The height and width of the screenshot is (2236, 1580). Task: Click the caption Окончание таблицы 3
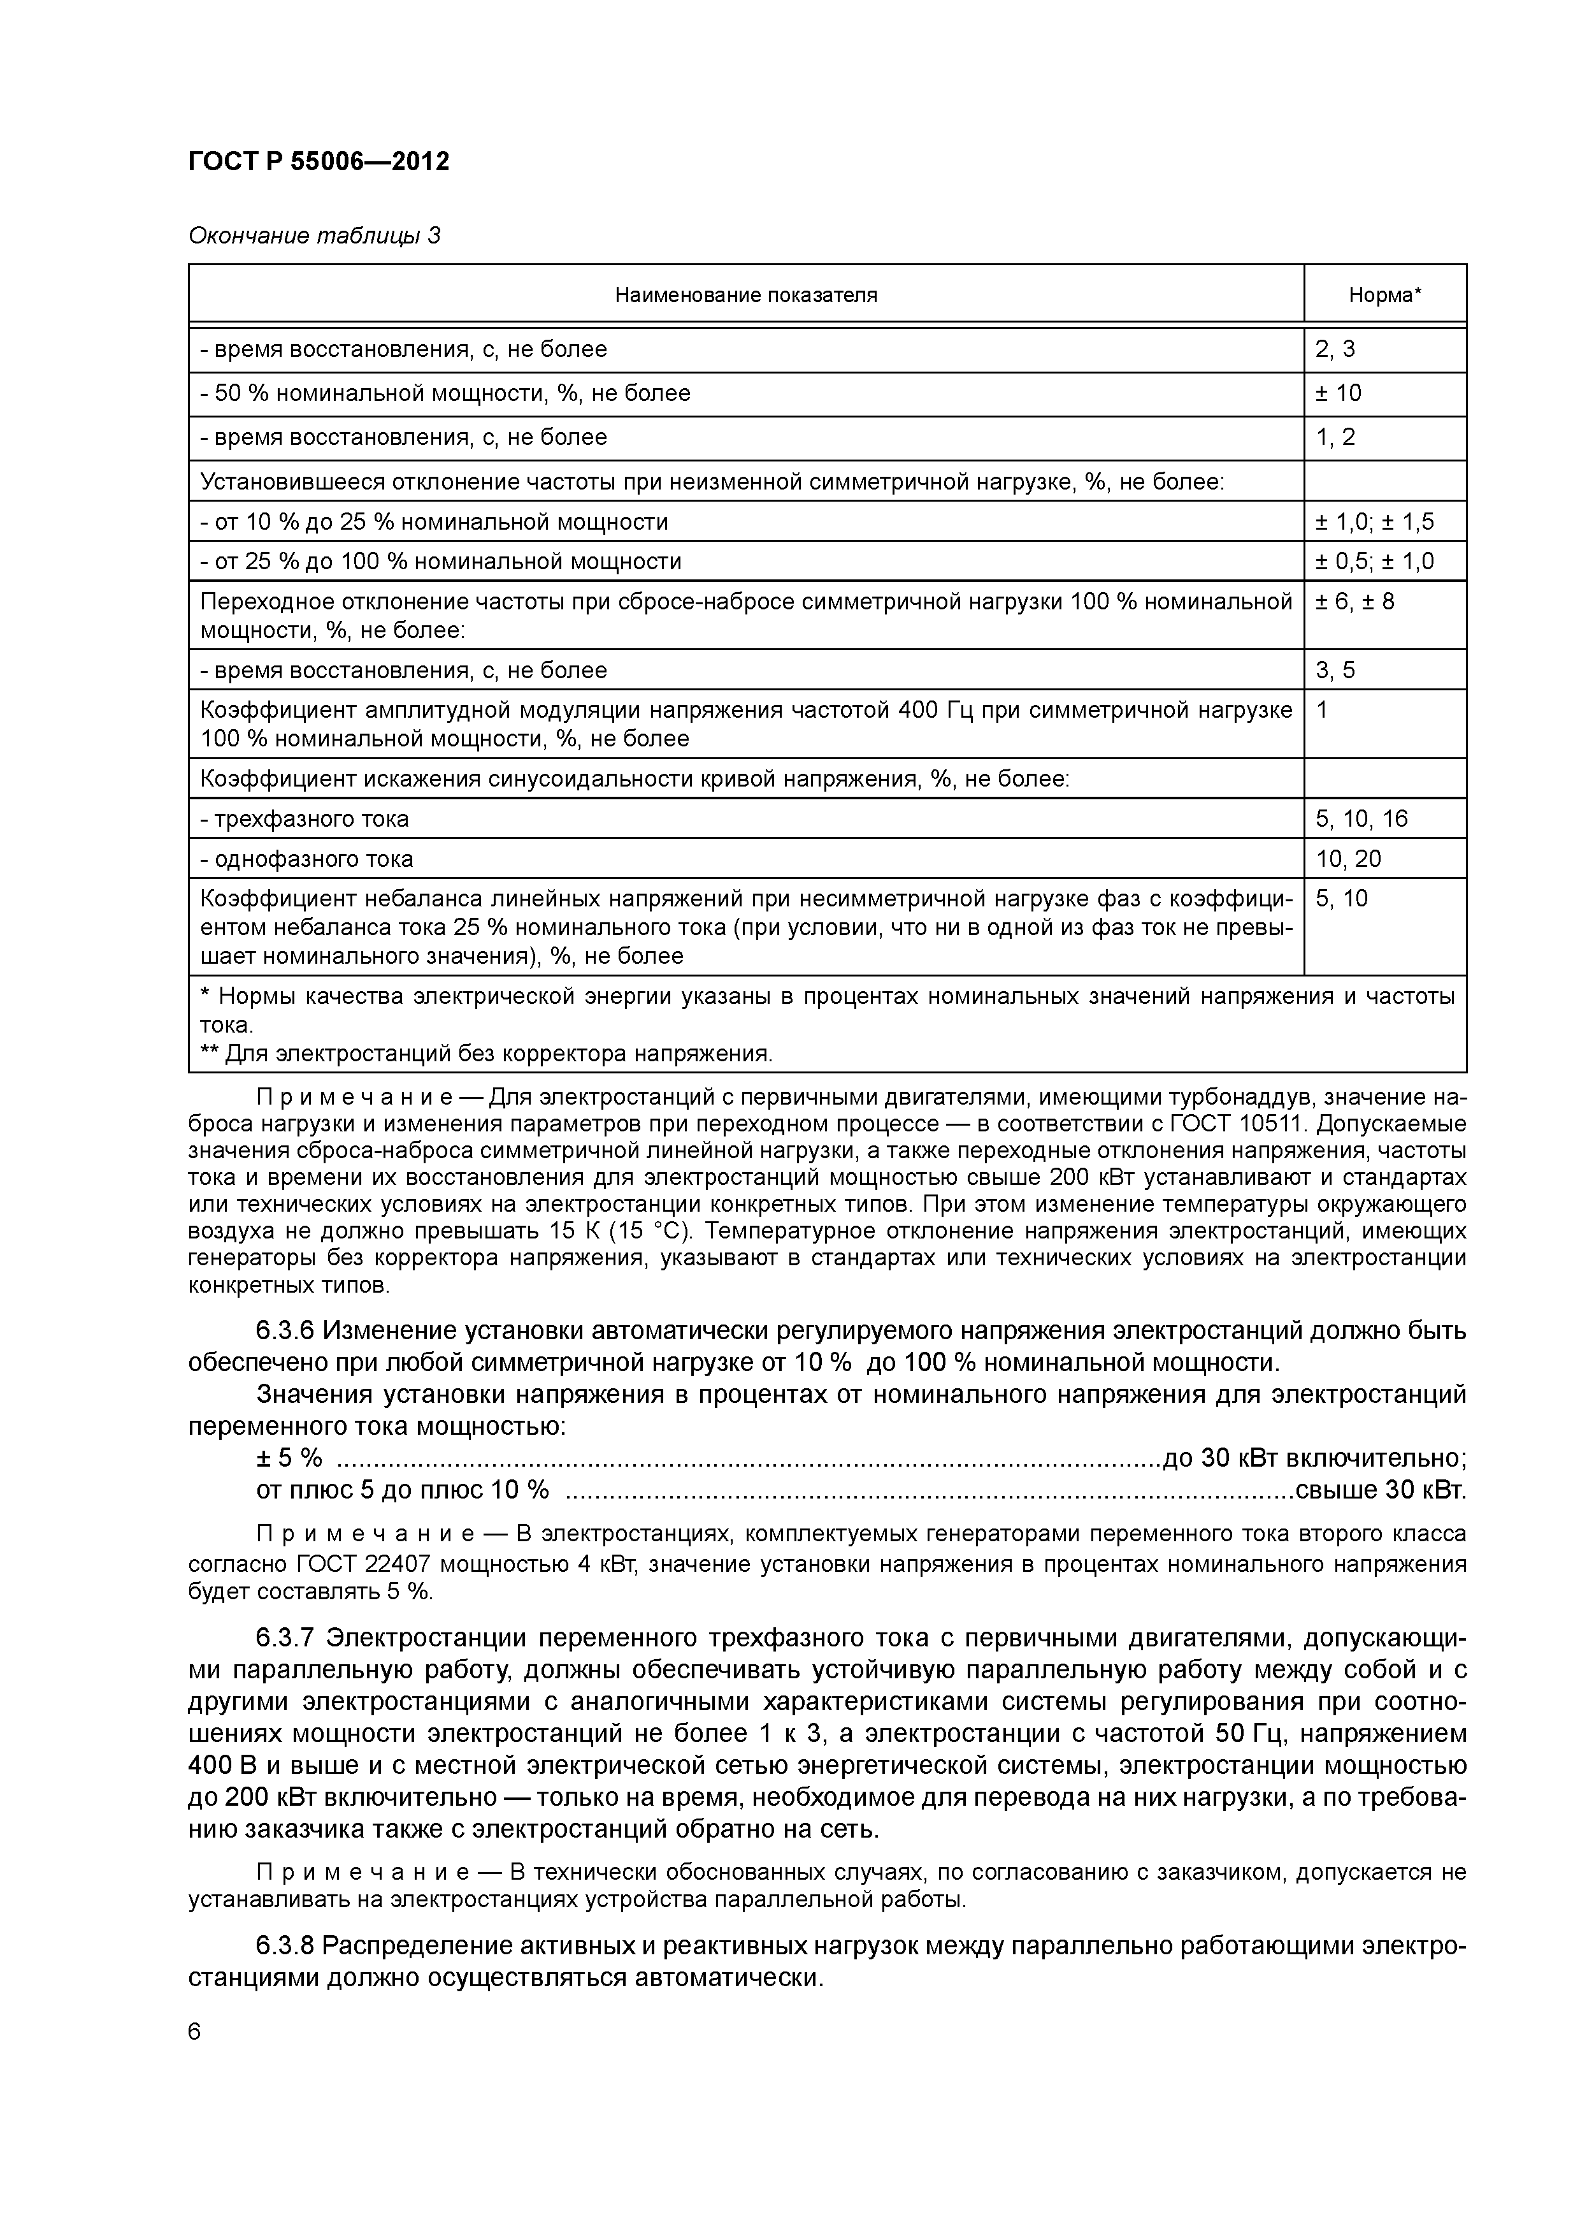coord(313,236)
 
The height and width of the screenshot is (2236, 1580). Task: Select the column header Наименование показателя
coord(745,295)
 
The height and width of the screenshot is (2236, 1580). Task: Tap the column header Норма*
coord(1384,295)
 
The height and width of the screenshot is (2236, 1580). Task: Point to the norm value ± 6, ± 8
coord(1355,602)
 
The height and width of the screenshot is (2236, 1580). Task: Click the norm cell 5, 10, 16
coord(1362,819)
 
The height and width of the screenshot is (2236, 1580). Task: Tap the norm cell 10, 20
coord(1348,859)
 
